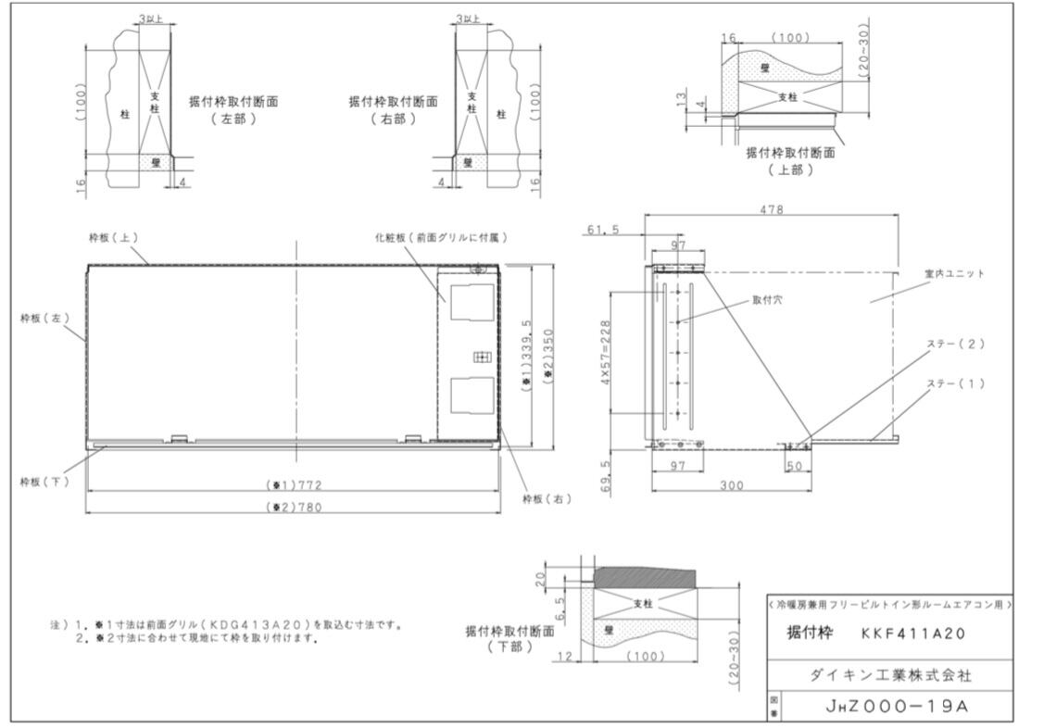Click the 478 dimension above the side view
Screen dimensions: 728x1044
771,209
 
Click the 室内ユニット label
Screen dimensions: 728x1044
954,274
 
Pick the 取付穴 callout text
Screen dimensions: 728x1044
766,300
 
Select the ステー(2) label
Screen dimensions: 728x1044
955,344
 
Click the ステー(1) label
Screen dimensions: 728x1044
955,383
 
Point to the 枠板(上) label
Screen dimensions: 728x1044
114,237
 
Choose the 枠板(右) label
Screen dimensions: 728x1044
547,498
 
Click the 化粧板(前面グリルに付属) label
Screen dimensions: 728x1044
443,238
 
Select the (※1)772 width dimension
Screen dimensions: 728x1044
293,484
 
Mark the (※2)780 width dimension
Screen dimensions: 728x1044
293,507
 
